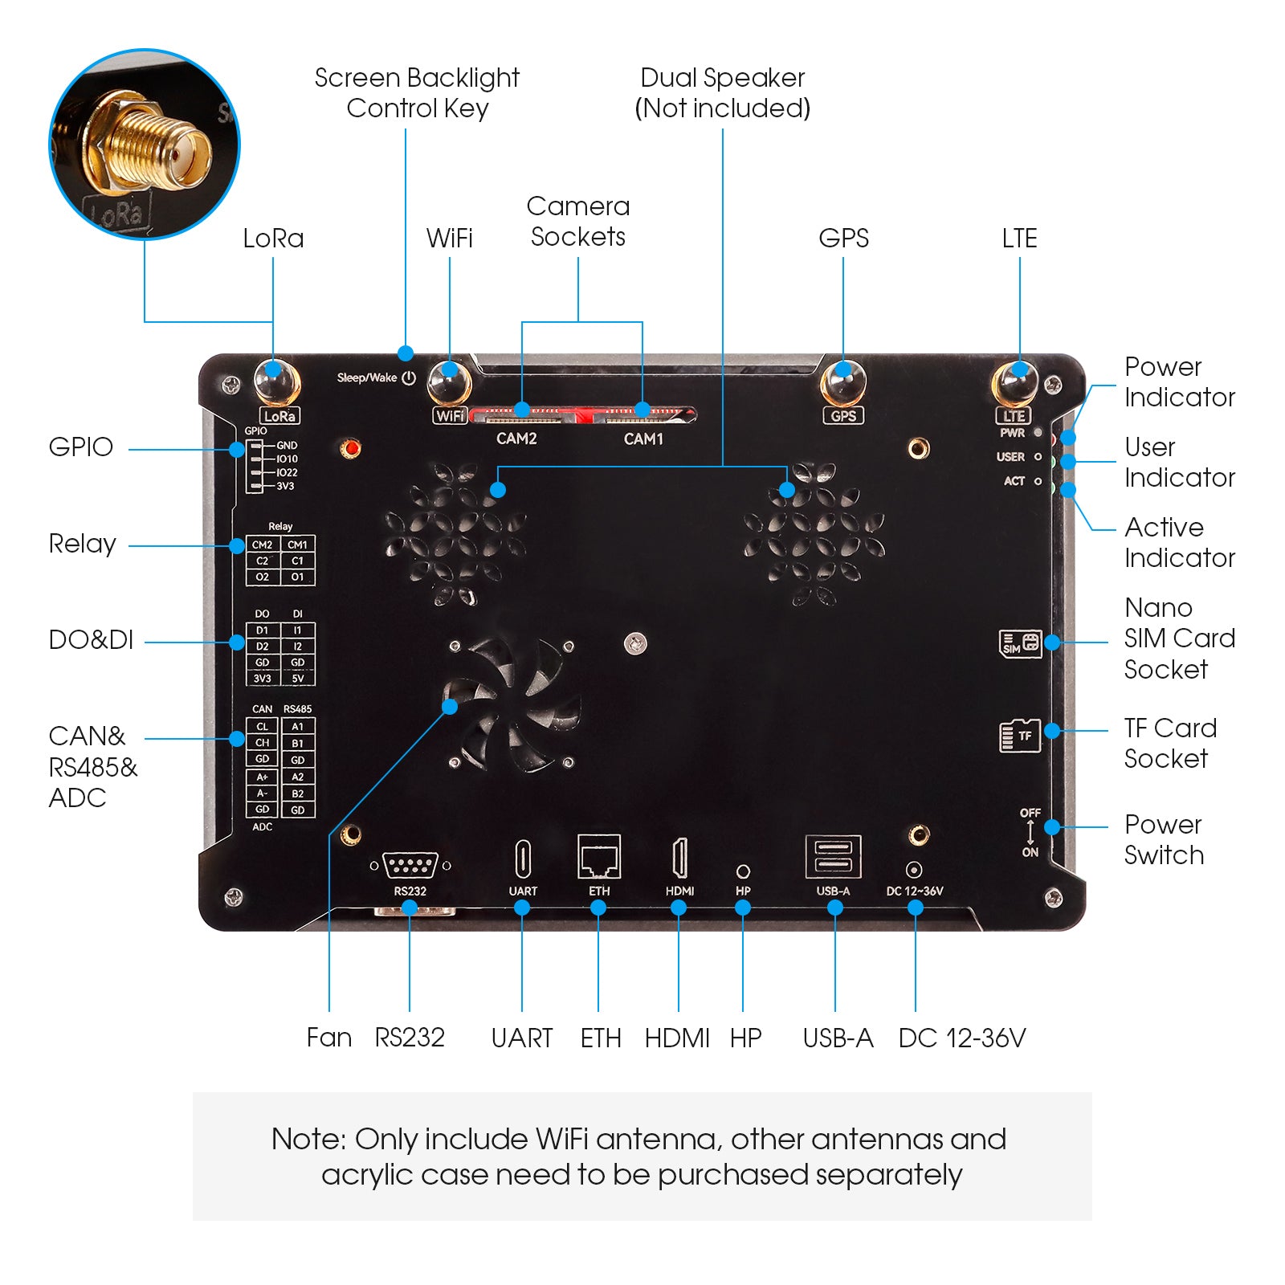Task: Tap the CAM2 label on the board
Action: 516,439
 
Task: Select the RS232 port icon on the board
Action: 410,866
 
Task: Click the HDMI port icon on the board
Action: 679,858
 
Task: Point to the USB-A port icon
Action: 834,857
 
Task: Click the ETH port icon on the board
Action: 599,857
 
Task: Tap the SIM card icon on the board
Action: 1020,643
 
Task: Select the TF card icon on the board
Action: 1020,735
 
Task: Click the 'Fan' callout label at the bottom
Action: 329,1038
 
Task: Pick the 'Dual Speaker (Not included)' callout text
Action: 722,92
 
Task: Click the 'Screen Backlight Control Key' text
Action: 417,92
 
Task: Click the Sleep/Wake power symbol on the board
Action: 409,377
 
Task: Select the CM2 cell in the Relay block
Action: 263,545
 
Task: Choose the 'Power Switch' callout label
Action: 1164,839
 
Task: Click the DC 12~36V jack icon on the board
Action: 914,870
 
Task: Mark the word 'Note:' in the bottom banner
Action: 308,1139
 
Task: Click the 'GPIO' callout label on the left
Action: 80,447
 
